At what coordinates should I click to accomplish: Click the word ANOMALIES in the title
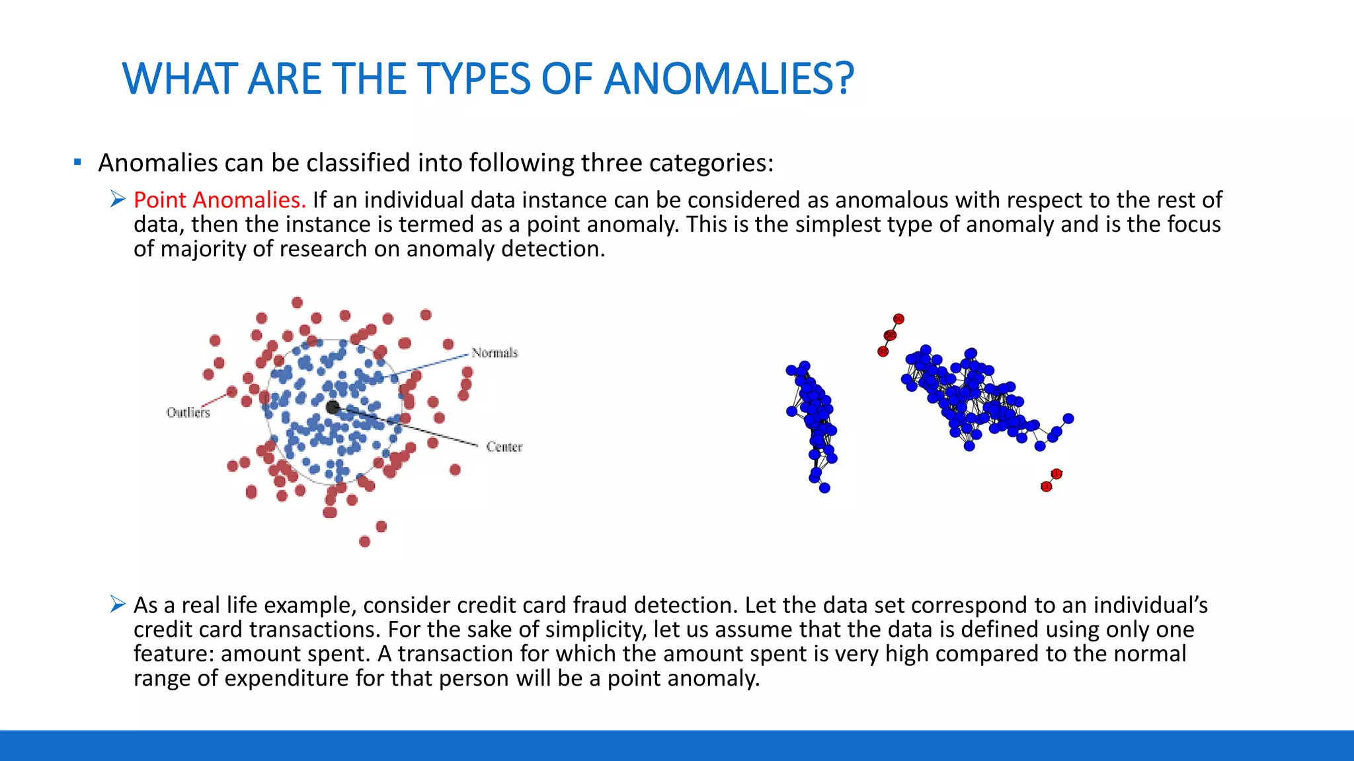[729, 79]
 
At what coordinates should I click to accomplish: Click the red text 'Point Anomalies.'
[219, 199]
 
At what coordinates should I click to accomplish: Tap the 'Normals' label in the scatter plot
[494, 353]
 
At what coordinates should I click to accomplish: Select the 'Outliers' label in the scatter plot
[188, 412]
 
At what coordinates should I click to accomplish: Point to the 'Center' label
[504, 447]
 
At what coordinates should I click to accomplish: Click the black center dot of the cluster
[333, 408]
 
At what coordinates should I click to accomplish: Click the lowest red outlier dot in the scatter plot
[364, 542]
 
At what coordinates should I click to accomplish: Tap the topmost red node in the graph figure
[898, 319]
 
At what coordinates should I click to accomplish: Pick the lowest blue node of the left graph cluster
[824, 488]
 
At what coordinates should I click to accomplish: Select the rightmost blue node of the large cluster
[1068, 418]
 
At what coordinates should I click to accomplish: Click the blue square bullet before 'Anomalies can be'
[78, 162]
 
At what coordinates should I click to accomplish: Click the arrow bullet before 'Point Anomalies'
[118, 199]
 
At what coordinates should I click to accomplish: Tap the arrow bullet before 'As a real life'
[118, 604]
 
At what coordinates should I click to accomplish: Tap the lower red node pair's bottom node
[1046, 487]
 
